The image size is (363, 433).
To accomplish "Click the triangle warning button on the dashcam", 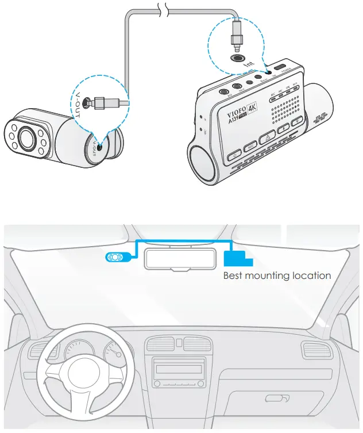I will click(x=266, y=138).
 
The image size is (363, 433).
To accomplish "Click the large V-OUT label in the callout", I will click(x=73, y=101).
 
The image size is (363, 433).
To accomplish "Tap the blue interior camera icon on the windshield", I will click(x=117, y=258).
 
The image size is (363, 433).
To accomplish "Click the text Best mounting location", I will click(x=277, y=275).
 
